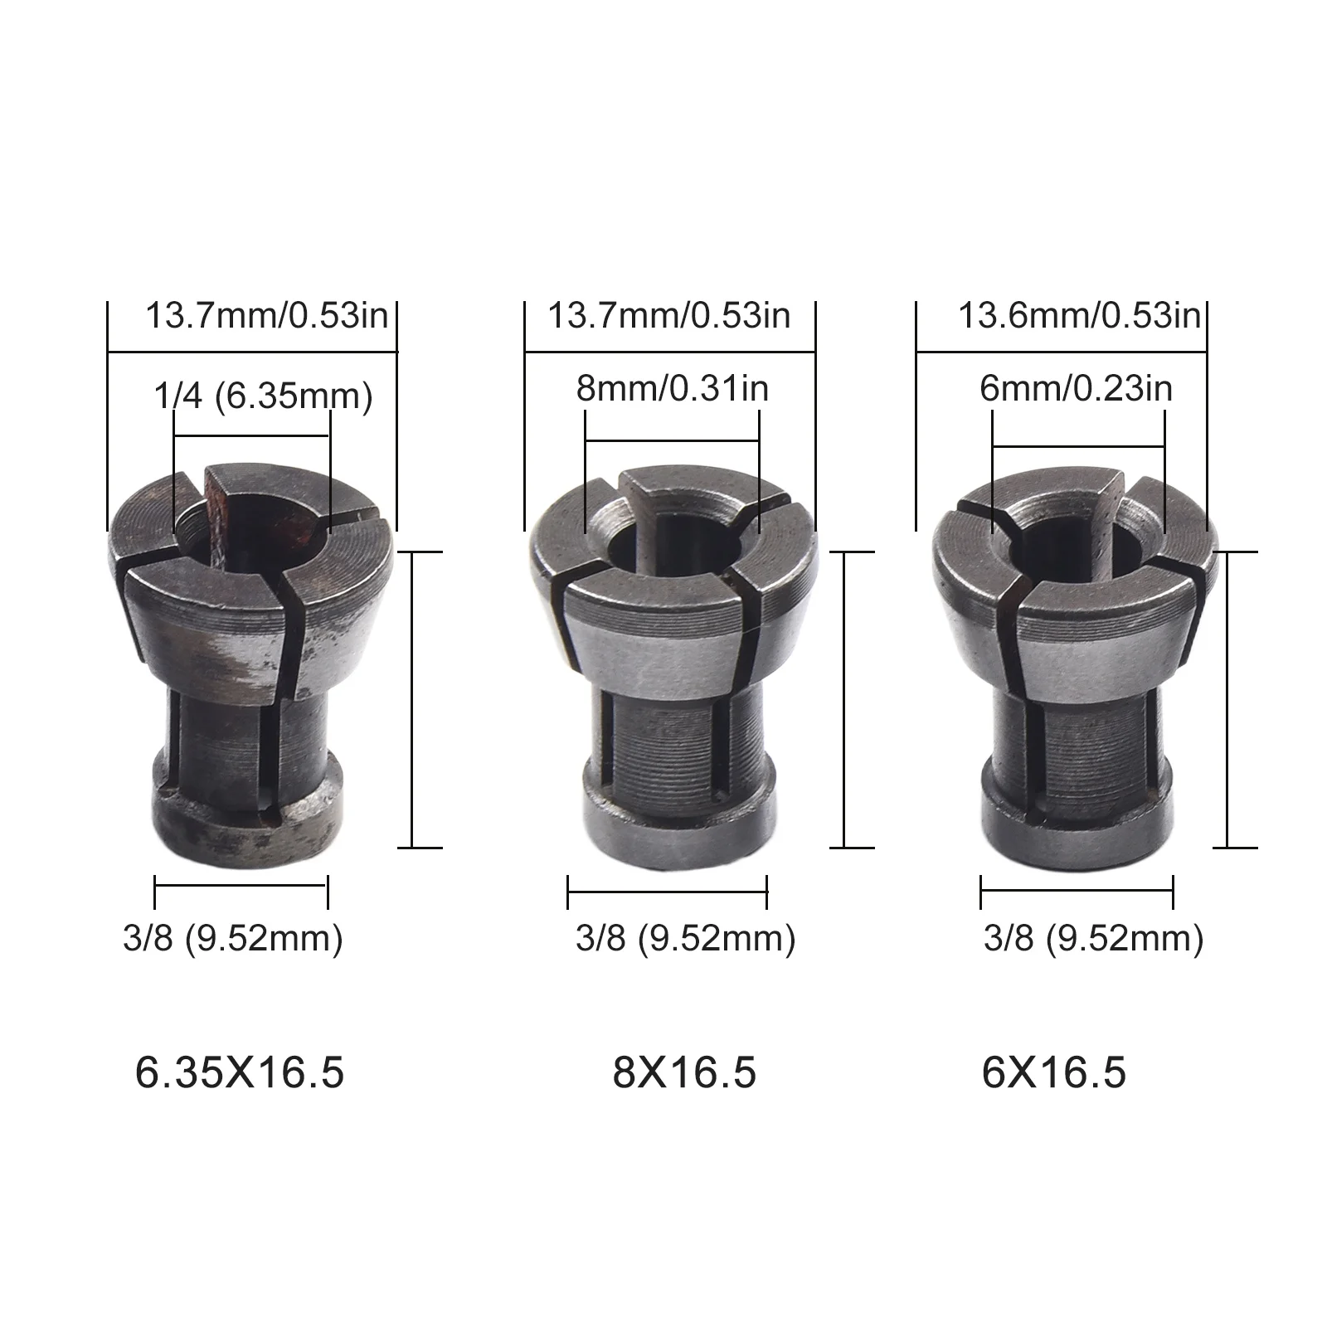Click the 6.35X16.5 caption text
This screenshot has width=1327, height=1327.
click(x=240, y=1072)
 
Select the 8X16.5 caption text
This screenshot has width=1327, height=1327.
click(x=685, y=1072)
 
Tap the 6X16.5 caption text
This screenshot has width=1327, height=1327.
click(x=1054, y=1072)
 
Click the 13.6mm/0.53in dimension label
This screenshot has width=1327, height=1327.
click(x=1079, y=316)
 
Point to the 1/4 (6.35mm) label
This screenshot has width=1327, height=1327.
click(x=264, y=396)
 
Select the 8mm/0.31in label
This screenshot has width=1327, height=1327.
click(x=673, y=388)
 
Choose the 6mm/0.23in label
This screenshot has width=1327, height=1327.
click(x=1077, y=388)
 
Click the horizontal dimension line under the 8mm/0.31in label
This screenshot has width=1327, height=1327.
click(x=672, y=440)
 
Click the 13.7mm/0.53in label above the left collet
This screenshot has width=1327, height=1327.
click(x=267, y=316)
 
